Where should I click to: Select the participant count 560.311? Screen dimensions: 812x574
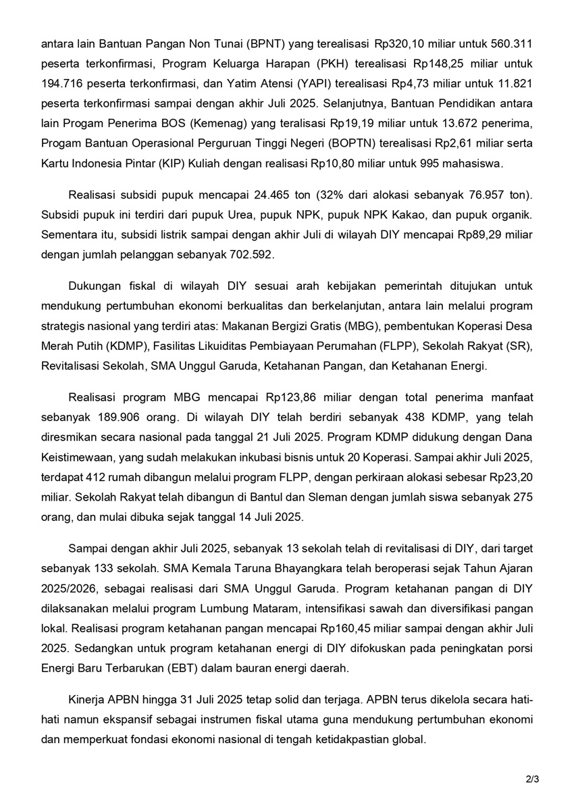point(513,45)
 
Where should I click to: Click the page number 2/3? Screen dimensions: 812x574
point(533,780)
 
